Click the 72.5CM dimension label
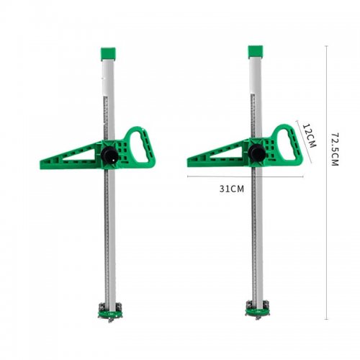coord(335,149)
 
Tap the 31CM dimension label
coord(231,189)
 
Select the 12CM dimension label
coord(309,135)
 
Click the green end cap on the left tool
coord(108,54)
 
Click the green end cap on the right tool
coord(256,52)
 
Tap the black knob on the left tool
coord(109,155)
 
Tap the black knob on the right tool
coord(257,153)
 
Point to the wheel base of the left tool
coord(110,312)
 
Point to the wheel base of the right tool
coord(258,310)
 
